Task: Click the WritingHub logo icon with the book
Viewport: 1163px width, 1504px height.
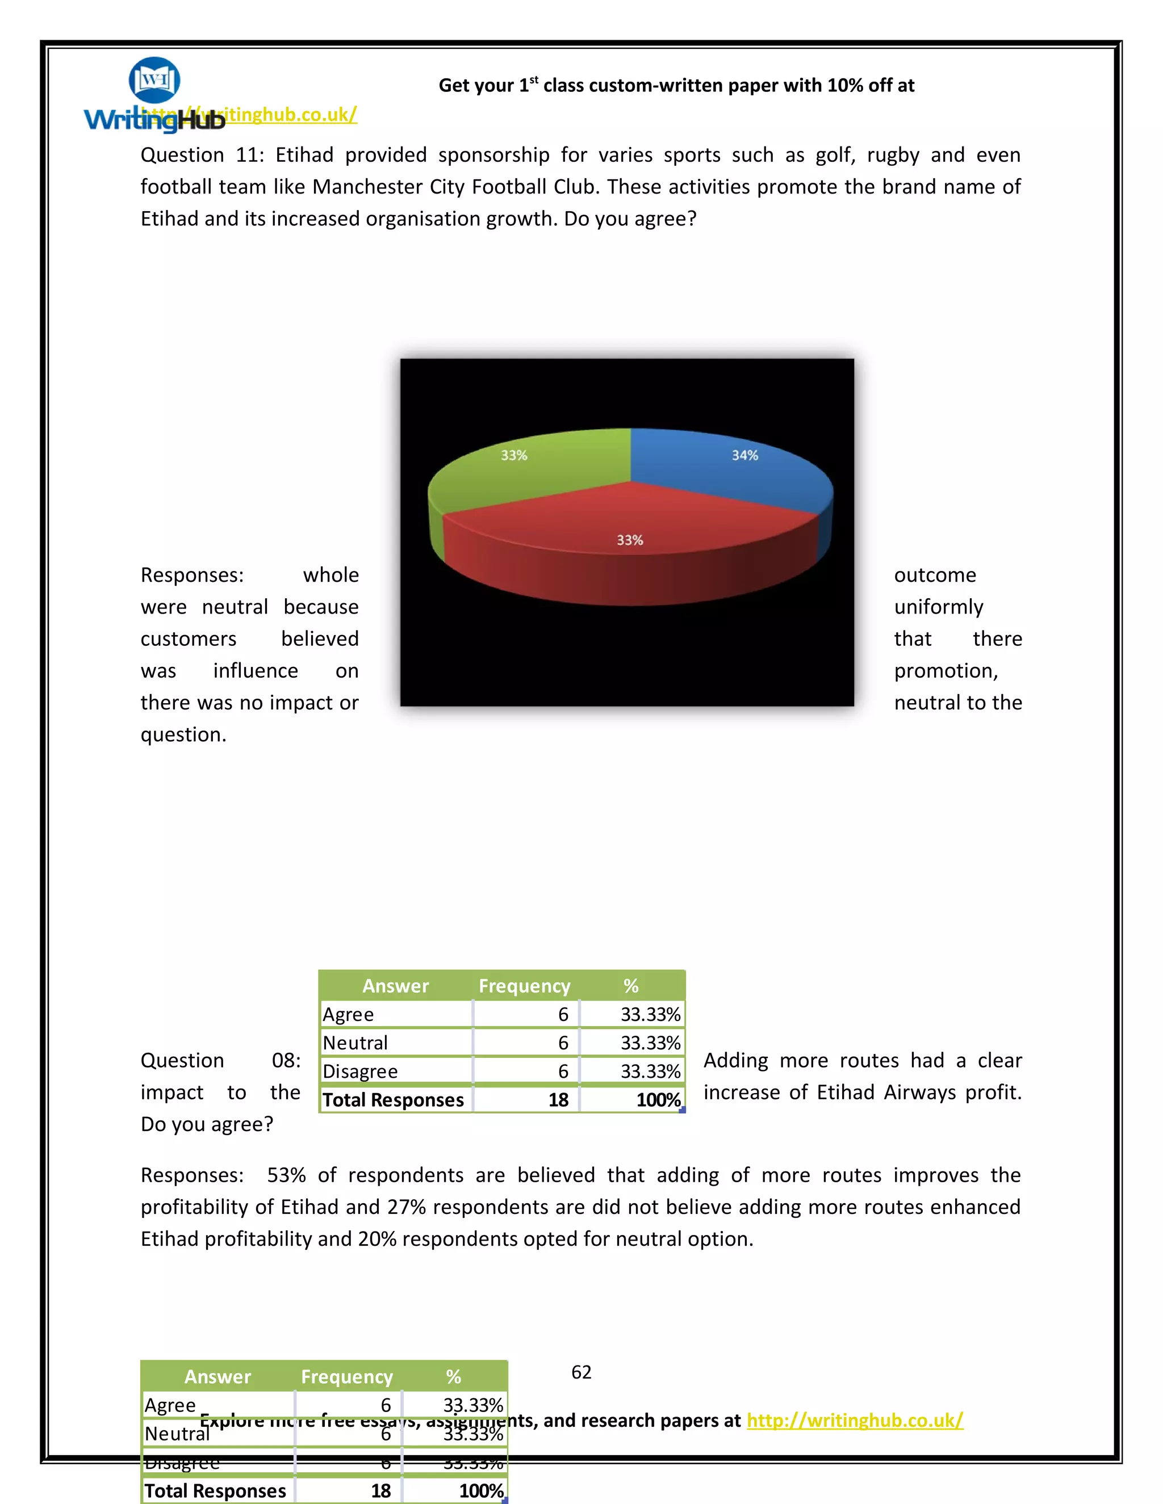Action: pyautogui.click(x=154, y=81)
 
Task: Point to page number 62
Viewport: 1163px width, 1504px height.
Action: pyautogui.click(x=581, y=1372)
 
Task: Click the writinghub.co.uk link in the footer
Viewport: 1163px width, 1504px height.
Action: pyautogui.click(x=854, y=1421)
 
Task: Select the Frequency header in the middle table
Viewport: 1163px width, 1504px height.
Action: pyautogui.click(x=524, y=986)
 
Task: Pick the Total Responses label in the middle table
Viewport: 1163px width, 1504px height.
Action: pyautogui.click(x=394, y=1100)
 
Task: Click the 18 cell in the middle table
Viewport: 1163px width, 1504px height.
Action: pyautogui.click(x=558, y=1100)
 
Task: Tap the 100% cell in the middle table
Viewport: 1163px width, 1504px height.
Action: pyautogui.click(x=658, y=1100)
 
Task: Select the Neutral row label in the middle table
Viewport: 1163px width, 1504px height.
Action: pyautogui.click(x=355, y=1043)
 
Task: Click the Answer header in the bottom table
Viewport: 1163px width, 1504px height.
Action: pyautogui.click(x=217, y=1377)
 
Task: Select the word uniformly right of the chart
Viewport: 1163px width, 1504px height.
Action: pyautogui.click(x=938, y=607)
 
